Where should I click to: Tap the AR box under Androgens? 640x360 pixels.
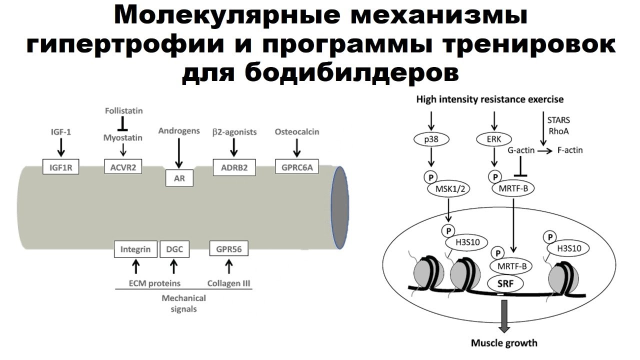[x=179, y=178]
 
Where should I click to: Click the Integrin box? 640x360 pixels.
[x=135, y=248]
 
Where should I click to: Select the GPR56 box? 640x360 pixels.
[x=229, y=248]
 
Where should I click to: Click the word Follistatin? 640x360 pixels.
[x=124, y=110]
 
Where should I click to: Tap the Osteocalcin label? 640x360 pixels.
[x=297, y=131]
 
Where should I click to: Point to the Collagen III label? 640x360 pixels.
[x=228, y=283]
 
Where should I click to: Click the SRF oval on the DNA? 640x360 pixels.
[x=505, y=283]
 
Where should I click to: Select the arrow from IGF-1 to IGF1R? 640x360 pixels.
[x=60, y=147]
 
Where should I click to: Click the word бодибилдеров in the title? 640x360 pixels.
[x=320, y=73]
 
